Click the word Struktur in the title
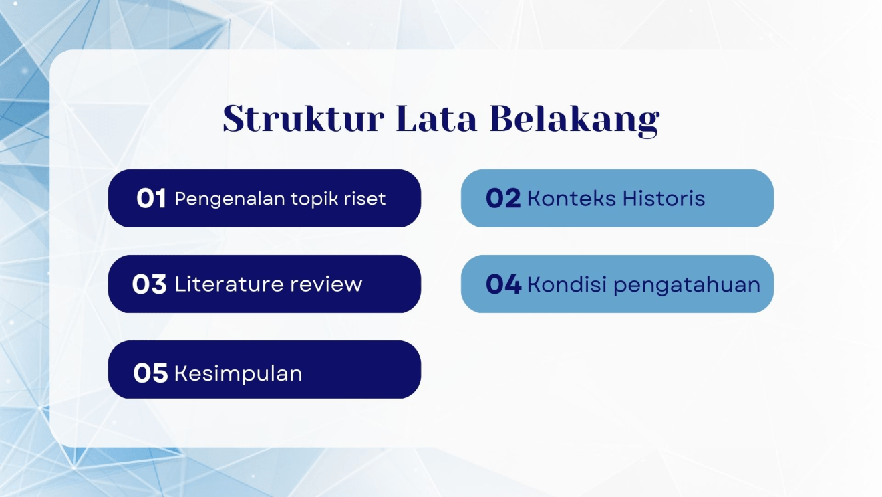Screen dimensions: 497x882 (303, 119)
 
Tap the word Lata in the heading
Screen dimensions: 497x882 (436, 119)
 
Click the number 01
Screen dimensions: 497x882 (151, 199)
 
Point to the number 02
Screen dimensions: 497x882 (503, 199)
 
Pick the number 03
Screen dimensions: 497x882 (149, 284)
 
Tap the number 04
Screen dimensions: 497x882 (503, 284)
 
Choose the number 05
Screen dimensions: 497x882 (150, 373)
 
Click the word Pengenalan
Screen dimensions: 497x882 (231, 199)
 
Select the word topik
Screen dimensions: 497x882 (315, 199)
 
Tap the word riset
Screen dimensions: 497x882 (366, 199)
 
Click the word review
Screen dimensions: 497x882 (326, 285)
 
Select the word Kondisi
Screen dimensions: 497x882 (567, 284)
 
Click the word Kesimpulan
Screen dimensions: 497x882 (239, 373)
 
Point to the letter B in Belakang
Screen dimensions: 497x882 (502, 119)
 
